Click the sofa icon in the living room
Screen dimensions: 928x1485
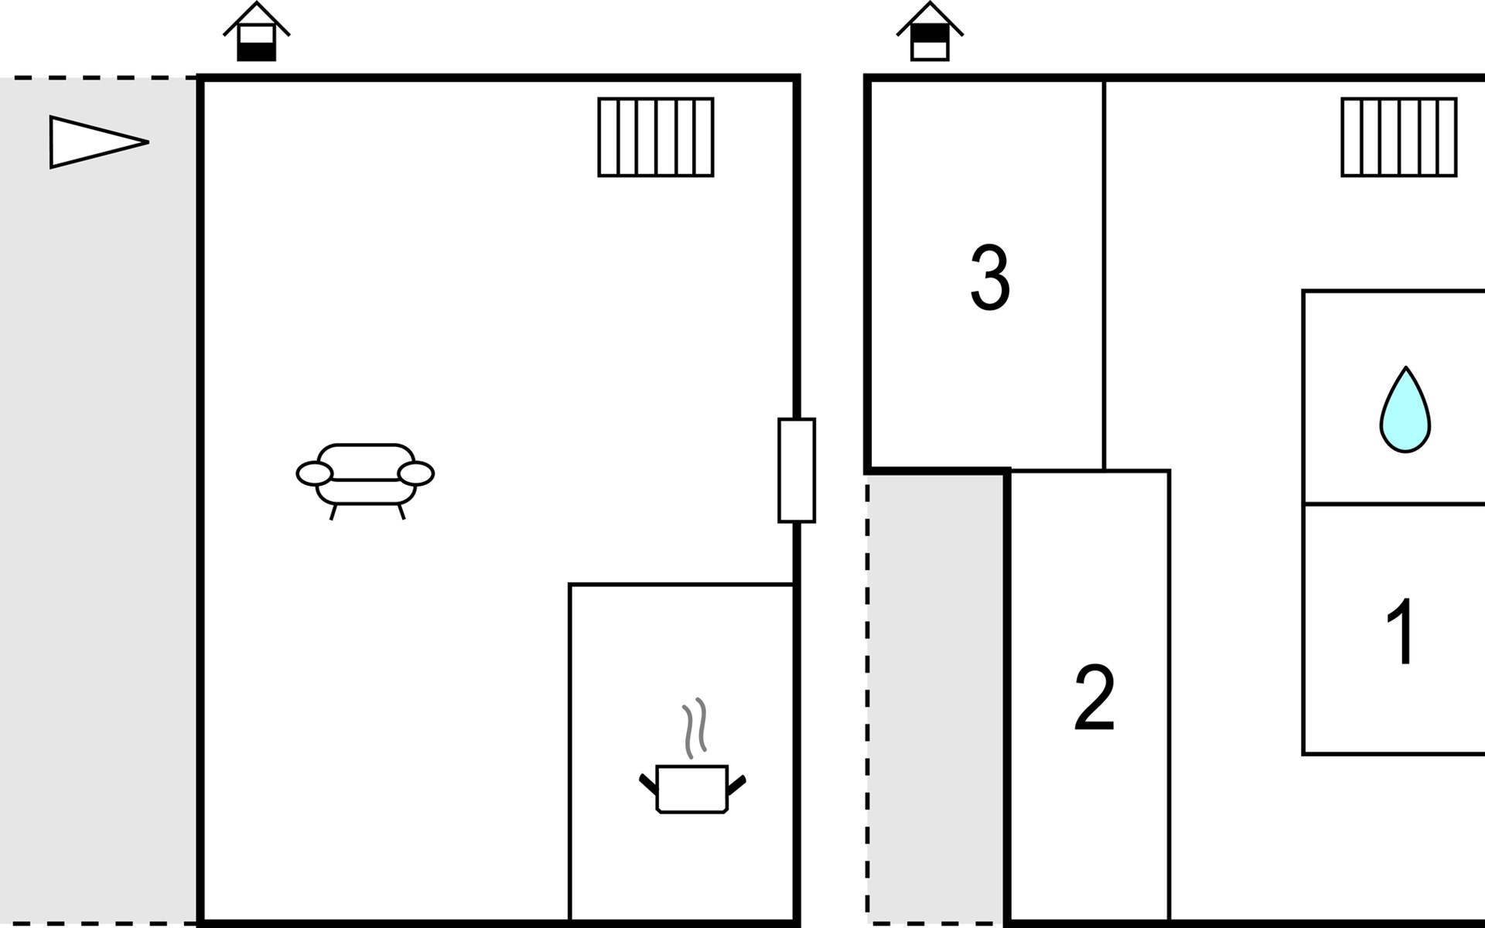pyautogui.click(x=365, y=476)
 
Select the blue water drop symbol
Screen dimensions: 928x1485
pyautogui.click(x=1405, y=411)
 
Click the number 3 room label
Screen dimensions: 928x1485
pyautogui.click(x=990, y=278)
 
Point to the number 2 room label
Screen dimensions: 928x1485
pyautogui.click(x=1094, y=698)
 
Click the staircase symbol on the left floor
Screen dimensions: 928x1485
pyautogui.click(x=656, y=138)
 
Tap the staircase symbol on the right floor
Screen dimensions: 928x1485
pyautogui.click(x=1398, y=138)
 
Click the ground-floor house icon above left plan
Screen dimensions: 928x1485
pyautogui.click(x=257, y=33)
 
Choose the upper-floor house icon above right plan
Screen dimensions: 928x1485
pyautogui.click(x=930, y=33)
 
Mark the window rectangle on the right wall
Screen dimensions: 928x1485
pyautogui.click(x=797, y=470)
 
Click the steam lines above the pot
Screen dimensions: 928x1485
pyautogui.click(x=694, y=727)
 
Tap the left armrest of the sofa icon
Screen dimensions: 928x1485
pyautogui.click(x=314, y=473)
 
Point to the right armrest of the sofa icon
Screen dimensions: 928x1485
pyautogui.click(x=416, y=473)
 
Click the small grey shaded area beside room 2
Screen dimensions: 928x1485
pyautogui.click(x=936, y=696)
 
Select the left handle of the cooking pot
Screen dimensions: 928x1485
pyautogui.click(x=648, y=783)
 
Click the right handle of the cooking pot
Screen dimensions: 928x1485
pyautogui.click(x=736, y=784)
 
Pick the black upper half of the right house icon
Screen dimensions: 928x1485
pyautogui.click(x=930, y=33)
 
